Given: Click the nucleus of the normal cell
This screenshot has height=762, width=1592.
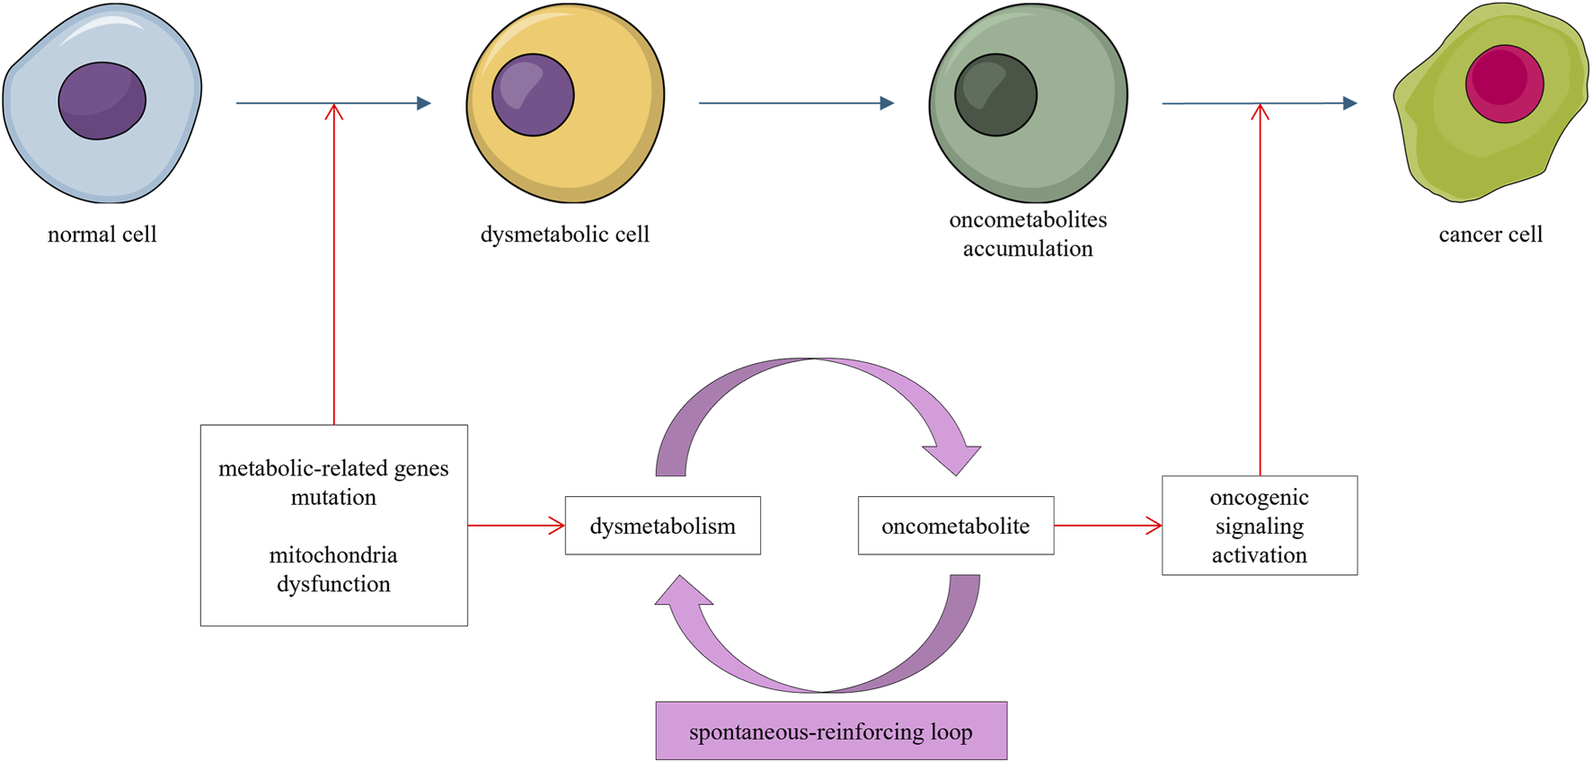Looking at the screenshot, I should (x=102, y=101).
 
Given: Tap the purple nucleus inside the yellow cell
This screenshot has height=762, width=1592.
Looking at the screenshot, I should (x=533, y=95).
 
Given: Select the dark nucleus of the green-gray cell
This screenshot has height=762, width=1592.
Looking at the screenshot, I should (x=995, y=95).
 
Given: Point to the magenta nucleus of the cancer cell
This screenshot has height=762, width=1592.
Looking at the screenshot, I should (x=1504, y=84).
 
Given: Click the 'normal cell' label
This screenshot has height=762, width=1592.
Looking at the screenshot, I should (x=102, y=235).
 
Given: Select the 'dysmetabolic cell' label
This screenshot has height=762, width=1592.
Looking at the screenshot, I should (x=564, y=235).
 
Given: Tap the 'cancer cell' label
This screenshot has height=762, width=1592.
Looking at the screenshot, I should (x=1490, y=235).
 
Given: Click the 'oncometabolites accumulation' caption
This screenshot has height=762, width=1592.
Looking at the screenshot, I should (x=1028, y=234).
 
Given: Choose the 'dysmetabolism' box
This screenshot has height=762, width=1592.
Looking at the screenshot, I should (x=662, y=526).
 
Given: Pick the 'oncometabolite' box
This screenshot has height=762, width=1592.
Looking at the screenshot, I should (x=955, y=526).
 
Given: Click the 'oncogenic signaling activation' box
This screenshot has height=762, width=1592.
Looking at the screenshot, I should (x=1259, y=526).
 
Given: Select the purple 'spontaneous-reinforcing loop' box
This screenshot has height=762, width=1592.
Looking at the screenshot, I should (x=830, y=731).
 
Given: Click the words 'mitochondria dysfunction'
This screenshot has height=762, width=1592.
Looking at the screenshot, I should (x=333, y=570).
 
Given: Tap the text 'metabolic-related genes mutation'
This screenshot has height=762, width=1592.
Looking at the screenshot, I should (x=333, y=483).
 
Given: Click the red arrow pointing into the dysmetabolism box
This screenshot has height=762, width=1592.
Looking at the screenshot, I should (x=517, y=526).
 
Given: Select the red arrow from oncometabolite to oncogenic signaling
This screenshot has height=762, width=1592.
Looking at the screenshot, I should (x=1108, y=526).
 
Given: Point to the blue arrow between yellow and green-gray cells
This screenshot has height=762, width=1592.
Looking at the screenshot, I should (x=796, y=103).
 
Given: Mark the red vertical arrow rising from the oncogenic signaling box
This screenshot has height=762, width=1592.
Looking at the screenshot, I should (x=1260, y=288).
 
